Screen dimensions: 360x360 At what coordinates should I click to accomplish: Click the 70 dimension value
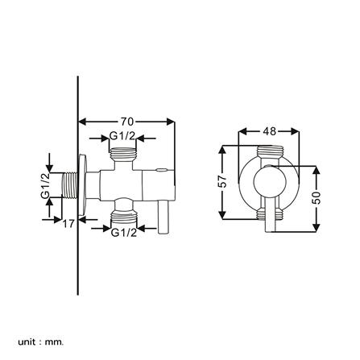[126, 122]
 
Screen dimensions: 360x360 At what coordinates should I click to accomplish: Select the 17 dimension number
[69, 225]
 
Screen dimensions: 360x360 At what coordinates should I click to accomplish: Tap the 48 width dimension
[270, 130]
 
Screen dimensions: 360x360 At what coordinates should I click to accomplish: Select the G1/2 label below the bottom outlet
[123, 232]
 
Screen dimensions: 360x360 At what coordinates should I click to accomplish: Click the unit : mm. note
[41, 341]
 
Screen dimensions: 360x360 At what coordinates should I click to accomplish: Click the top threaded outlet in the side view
[123, 152]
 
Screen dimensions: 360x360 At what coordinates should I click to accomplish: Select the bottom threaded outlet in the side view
[123, 215]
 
